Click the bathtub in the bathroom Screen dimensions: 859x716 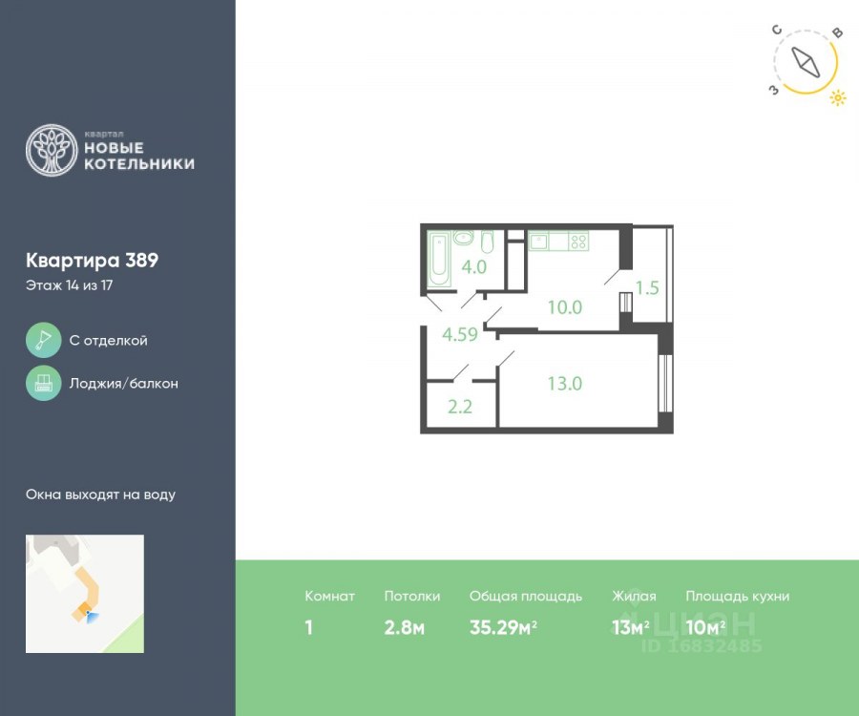click(x=439, y=259)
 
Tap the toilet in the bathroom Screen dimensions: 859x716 click(x=487, y=242)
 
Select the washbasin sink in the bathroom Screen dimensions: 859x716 click(x=464, y=238)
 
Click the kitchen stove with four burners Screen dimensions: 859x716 click(x=578, y=241)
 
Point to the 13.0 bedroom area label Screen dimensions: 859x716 click(x=565, y=384)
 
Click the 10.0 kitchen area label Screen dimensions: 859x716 click(x=565, y=307)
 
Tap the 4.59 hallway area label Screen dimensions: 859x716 click(x=460, y=334)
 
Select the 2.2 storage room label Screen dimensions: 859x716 click(x=460, y=407)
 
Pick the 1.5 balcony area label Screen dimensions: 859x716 click(x=647, y=287)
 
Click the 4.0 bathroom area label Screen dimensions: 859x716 click(x=473, y=266)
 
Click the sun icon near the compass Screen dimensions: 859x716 click(x=838, y=98)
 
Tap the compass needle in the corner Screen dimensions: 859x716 click(x=806, y=62)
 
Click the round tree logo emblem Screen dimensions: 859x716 click(x=52, y=151)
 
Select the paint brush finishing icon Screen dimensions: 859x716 click(x=43, y=340)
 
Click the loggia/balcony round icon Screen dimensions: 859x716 click(x=43, y=383)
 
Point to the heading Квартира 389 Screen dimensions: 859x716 click(x=92, y=261)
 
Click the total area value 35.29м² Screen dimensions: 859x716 click(x=503, y=627)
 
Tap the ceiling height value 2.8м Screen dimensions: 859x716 click(x=405, y=627)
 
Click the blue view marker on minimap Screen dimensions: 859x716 click(x=93, y=617)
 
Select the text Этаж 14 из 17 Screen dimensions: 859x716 click(x=69, y=285)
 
